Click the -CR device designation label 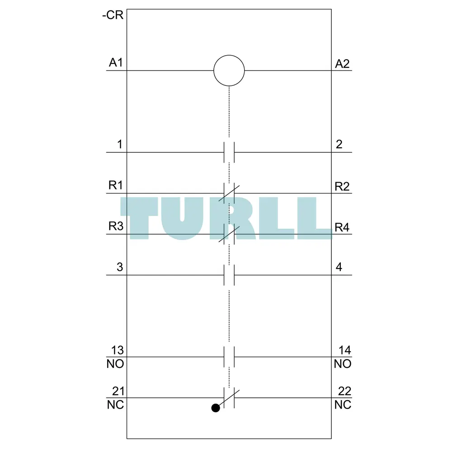(113, 15)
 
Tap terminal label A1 (116, 62)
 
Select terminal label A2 (342, 64)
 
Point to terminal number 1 (120, 144)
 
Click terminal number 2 (339, 144)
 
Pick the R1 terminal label (116, 185)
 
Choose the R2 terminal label (342, 187)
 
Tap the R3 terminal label (116, 226)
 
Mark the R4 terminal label (342, 227)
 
